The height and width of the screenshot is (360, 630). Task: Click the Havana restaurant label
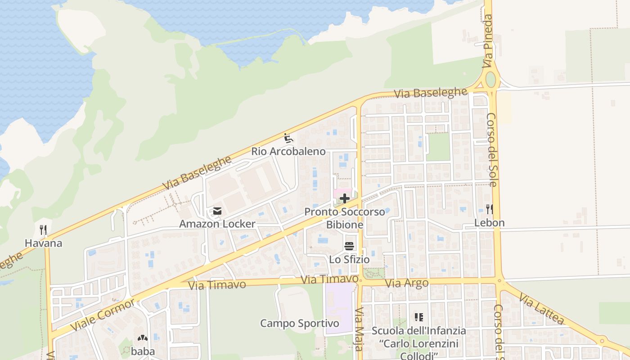pyautogui.click(x=43, y=243)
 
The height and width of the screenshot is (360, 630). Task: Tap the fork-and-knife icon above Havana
pyautogui.click(x=43, y=230)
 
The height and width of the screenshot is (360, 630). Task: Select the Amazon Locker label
pyautogui.click(x=217, y=224)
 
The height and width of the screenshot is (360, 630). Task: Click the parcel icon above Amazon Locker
pyautogui.click(x=218, y=211)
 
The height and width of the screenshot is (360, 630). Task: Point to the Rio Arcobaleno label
pyautogui.click(x=288, y=151)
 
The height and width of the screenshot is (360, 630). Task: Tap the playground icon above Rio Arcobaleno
pyautogui.click(x=288, y=138)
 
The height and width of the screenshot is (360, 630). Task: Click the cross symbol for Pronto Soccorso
pyautogui.click(x=345, y=198)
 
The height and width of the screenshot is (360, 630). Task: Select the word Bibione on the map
pyautogui.click(x=345, y=225)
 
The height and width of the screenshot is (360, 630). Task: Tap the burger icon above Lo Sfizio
pyautogui.click(x=349, y=246)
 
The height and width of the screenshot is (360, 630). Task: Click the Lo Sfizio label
pyautogui.click(x=349, y=260)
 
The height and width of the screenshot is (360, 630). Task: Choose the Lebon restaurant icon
pyautogui.click(x=490, y=209)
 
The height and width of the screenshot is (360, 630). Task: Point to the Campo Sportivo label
pyautogui.click(x=300, y=323)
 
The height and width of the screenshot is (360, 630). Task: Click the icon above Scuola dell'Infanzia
pyautogui.click(x=419, y=317)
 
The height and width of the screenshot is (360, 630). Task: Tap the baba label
pyautogui.click(x=143, y=351)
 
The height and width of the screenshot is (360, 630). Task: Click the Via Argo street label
pyautogui.click(x=407, y=283)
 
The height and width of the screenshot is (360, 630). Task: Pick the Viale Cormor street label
pyautogui.click(x=103, y=315)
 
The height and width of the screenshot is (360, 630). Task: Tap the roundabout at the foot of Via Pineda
pyautogui.click(x=490, y=80)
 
